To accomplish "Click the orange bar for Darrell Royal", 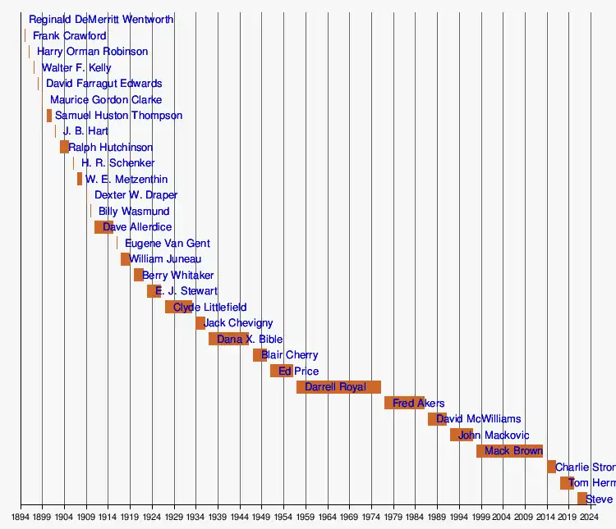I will [x=338, y=387].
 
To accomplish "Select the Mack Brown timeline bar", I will [x=509, y=451].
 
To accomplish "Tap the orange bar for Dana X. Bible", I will [x=228, y=340].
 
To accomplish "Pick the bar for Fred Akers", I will [x=404, y=403].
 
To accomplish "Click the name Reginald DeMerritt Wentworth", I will [x=101, y=20].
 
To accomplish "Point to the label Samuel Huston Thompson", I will [x=118, y=116].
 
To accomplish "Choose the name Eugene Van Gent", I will [x=168, y=244].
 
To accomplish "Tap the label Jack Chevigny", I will [x=238, y=323].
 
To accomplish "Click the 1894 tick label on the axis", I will [x=21, y=518].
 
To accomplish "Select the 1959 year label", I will [x=306, y=518].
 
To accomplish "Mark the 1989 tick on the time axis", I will [x=437, y=518].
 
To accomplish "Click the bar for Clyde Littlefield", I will [x=178, y=308].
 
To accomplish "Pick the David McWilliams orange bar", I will [x=437, y=419].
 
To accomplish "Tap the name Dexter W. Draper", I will [x=136, y=195].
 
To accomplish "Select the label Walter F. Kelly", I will [x=76, y=68].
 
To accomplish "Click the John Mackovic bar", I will [x=461, y=435].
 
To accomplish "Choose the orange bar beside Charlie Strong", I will [x=551, y=467].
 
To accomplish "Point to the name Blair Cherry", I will [x=289, y=355].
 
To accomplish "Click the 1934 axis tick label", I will [x=195, y=518].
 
